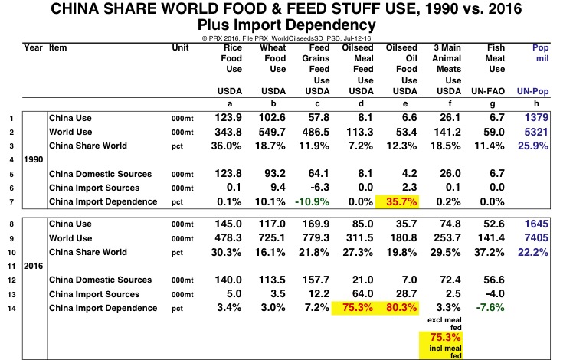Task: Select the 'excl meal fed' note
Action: (439, 321)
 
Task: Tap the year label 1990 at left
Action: (35, 160)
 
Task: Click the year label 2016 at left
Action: (35, 266)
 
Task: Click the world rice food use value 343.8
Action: (227, 132)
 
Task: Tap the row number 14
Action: (11, 308)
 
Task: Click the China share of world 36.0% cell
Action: (227, 146)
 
